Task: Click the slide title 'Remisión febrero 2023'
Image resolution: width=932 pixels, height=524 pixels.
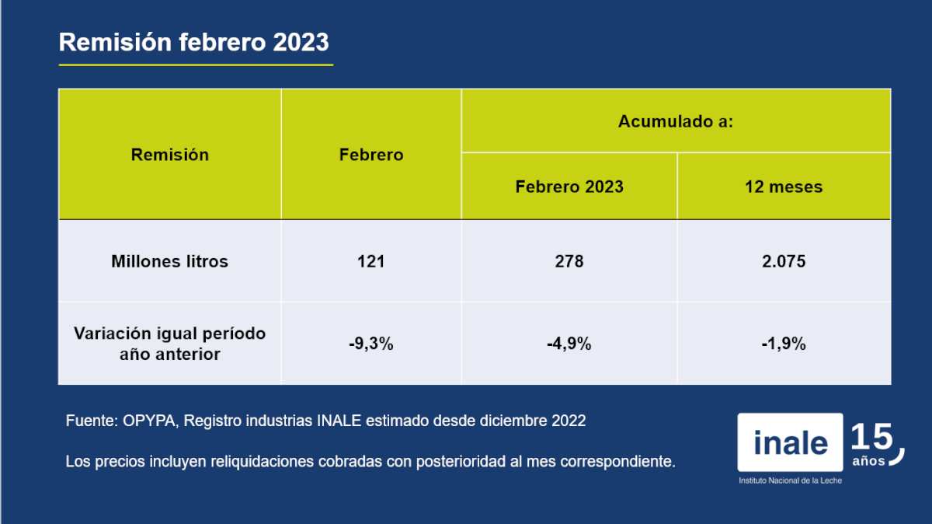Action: click(x=194, y=43)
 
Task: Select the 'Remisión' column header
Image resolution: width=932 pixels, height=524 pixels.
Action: click(x=169, y=155)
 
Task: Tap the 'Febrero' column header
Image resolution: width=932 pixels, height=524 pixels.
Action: click(x=371, y=155)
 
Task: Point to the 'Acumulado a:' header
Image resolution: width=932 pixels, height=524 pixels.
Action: click(x=676, y=121)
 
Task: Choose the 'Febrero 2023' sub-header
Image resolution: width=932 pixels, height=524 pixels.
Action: click(x=569, y=187)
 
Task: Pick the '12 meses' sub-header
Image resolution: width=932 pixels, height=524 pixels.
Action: click(x=784, y=187)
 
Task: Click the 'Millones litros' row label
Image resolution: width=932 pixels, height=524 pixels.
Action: click(x=169, y=261)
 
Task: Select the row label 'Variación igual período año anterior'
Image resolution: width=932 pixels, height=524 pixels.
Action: click(x=169, y=344)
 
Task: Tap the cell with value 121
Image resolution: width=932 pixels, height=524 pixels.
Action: click(x=371, y=261)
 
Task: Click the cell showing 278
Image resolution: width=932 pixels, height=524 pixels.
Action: click(x=569, y=261)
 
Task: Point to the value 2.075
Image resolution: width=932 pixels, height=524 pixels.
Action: click(x=784, y=261)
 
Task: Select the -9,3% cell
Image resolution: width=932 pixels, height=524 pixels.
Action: click(x=371, y=344)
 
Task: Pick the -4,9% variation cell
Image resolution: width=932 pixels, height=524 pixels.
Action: click(x=569, y=344)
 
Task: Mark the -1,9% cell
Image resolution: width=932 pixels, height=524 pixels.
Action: click(x=784, y=344)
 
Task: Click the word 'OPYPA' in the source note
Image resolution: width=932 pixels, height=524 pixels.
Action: click(x=149, y=421)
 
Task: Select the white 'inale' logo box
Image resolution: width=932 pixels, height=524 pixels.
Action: click(x=790, y=442)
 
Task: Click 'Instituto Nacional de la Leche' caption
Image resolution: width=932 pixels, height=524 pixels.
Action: click(x=790, y=480)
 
